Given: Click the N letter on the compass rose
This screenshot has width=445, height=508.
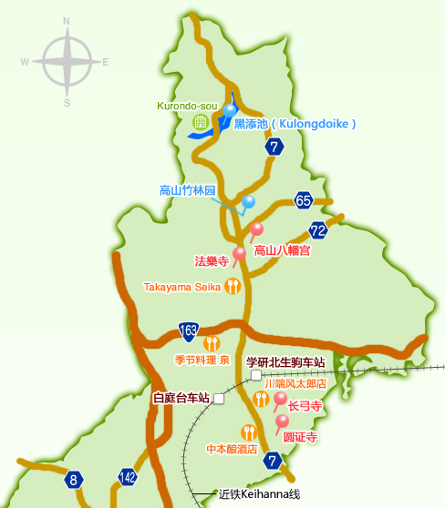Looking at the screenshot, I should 67,20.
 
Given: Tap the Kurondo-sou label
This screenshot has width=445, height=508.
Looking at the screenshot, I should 188,106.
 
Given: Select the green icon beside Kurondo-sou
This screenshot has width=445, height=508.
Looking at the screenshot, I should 200,121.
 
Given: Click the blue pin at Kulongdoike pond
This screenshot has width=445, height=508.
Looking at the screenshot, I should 230,112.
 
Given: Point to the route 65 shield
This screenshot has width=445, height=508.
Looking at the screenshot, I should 304,200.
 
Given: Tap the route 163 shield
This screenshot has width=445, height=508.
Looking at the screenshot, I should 189,330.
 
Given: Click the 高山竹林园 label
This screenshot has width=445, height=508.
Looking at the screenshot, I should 187,191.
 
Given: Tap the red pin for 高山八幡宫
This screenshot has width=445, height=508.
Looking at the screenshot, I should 256,229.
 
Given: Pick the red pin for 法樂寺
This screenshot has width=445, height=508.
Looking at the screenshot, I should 240,254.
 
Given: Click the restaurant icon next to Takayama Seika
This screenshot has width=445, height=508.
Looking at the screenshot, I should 233,287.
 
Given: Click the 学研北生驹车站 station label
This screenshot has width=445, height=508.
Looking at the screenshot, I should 285,361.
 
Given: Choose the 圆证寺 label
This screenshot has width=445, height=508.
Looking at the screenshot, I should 300,438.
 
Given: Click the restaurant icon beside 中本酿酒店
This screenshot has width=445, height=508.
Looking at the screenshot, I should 247,432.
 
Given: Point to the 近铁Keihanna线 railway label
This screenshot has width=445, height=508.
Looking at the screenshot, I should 259,495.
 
